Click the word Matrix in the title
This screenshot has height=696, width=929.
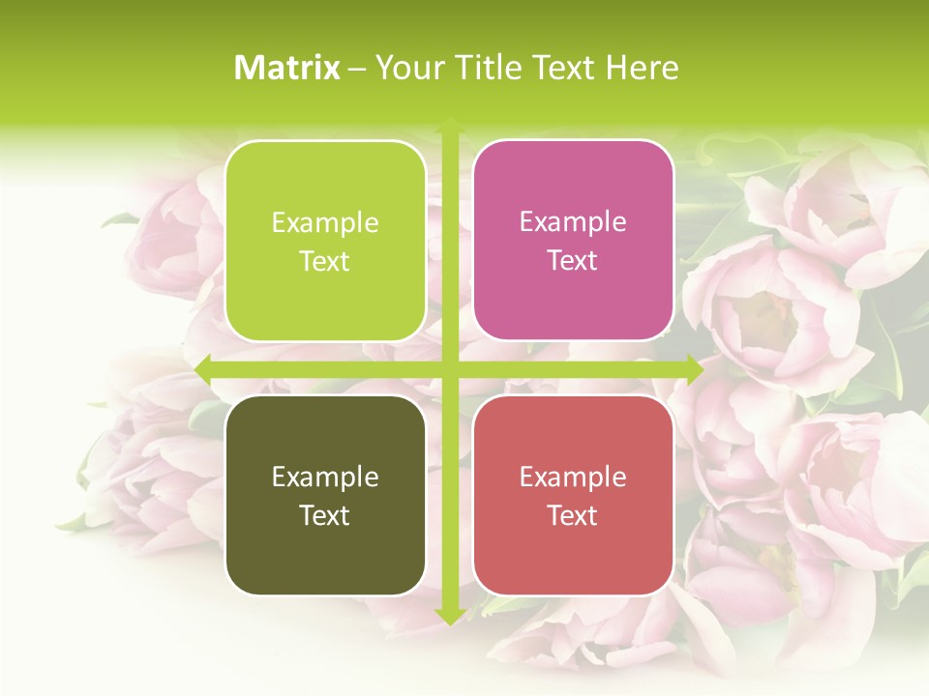[287, 68]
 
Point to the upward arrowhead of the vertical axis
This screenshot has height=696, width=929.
[449, 124]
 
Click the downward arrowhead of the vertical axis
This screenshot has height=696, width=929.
[449, 616]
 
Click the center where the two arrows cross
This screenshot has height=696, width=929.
[449, 368]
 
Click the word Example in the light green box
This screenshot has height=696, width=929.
[325, 223]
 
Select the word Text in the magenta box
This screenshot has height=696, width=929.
[573, 261]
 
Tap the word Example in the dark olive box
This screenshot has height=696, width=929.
[325, 478]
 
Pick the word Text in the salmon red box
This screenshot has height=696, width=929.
[573, 515]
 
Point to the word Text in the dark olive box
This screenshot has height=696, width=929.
[325, 515]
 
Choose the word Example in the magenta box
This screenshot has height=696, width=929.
[573, 223]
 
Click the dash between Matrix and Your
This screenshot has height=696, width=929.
[357, 69]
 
